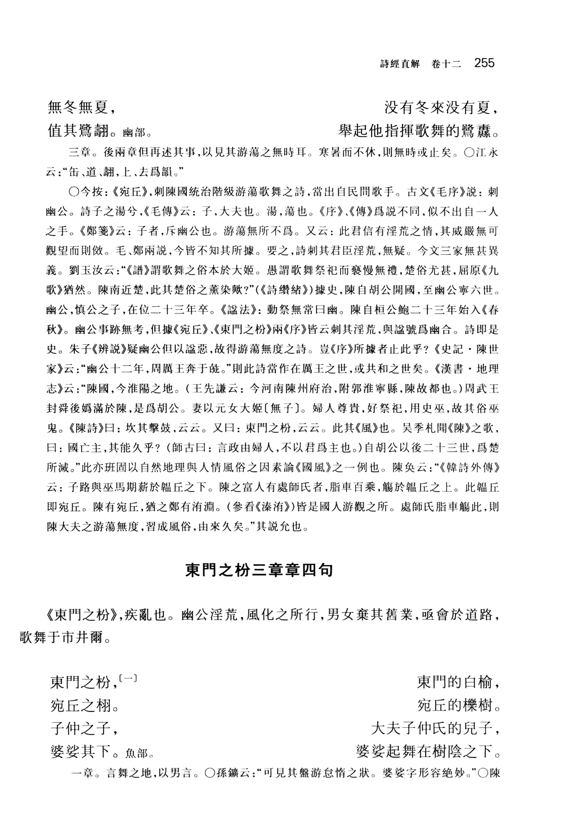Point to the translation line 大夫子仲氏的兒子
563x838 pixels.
pos(435,728)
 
